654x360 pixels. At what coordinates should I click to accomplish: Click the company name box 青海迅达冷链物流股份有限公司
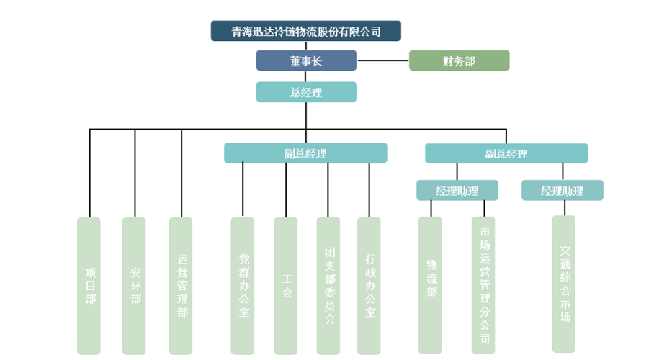pyautogui.click(x=305, y=32)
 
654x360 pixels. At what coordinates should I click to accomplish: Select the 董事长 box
pyautogui.click(x=306, y=61)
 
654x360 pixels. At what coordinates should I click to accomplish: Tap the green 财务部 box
pyautogui.click(x=459, y=61)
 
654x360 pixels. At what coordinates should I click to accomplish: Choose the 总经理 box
pyautogui.click(x=306, y=92)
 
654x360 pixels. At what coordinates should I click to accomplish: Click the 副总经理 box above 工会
pyautogui.click(x=305, y=153)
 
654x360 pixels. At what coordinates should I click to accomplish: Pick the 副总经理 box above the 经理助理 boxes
pyautogui.click(x=506, y=153)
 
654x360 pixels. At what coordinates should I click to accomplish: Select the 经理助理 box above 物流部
pyautogui.click(x=457, y=190)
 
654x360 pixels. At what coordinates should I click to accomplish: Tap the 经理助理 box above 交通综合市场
pyautogui.click(x=562, y=190)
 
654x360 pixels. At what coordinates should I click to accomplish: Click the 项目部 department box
pyautogui.click(x=89, y=285)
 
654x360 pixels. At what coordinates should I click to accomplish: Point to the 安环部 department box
pyautogui.click(x=135, y=285)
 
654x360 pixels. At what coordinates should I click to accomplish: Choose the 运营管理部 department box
pyautogui.click(x=181, y=285)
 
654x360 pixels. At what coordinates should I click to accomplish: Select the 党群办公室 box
pyautogui.click(x=243, y=285)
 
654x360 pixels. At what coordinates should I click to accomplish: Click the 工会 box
pyautogui.click(x=286, y=285)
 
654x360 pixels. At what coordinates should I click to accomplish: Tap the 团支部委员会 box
pyautogui.click(x=328, y=285)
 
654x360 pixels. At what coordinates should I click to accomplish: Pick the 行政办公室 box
pyautogui.click(x=369, y=285)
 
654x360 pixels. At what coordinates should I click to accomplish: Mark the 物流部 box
pyautogui.click(x=431, y=285)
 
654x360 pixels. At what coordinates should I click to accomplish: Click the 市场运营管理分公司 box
pyautogui.click(x=484, y=285)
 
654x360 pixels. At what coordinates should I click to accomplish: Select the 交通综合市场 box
pyautogui.click(x=564, y=284)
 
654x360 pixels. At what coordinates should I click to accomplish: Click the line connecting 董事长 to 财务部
pyautogui.click(x=382, y=61)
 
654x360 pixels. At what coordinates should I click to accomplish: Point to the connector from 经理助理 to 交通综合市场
pyautogui.click(x=563, y=208)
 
